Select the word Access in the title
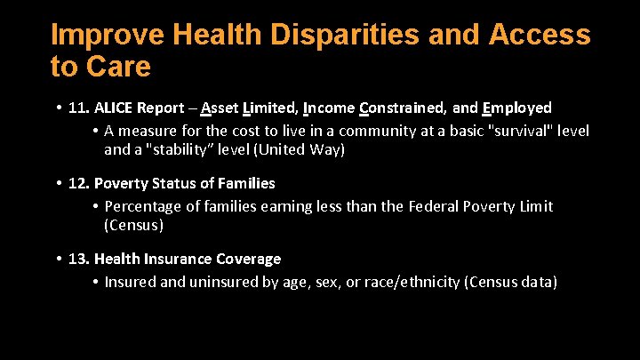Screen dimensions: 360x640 pyautogui.click(x=540, y=36)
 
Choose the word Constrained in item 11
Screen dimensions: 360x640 pyautogui.click(x=402, y=108)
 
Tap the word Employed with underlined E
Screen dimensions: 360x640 pyautogui.click(x=516, y=108)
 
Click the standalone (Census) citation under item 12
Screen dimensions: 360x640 pyautogui.click(x=133, y=225)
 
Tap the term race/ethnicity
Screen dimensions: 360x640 pyautogui.click(x=403, y=282)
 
